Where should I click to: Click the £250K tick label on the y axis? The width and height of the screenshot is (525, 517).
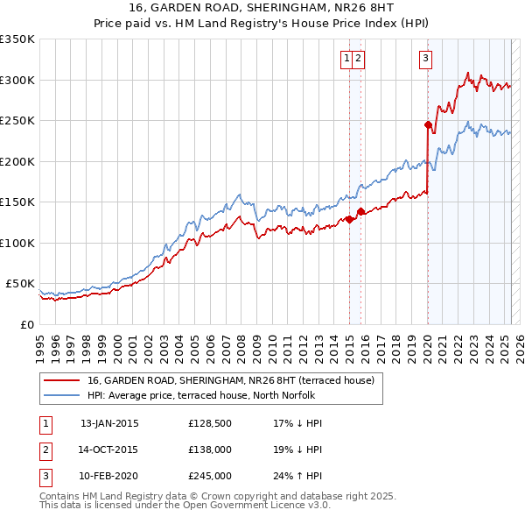[x=17, y=121]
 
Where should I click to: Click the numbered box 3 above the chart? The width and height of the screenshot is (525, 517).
[x=425, y=59]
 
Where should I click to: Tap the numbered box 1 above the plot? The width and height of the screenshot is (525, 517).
[x=347, y=59]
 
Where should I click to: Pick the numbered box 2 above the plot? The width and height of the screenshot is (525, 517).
[x=360, y=59]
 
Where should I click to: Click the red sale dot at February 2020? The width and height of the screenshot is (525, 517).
[x=428, y=124]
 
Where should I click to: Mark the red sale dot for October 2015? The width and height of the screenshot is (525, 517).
[x=360, y=211]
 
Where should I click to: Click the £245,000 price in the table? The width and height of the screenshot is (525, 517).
[x=209, y=476]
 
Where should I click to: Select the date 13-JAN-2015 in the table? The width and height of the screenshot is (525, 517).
[x=109, y=423]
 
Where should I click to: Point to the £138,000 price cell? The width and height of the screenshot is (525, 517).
[x=209, y=450]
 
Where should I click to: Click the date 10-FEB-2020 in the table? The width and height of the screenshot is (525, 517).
[x=109, y=476]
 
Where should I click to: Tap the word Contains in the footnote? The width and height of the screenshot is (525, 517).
[x=62, y=496]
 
